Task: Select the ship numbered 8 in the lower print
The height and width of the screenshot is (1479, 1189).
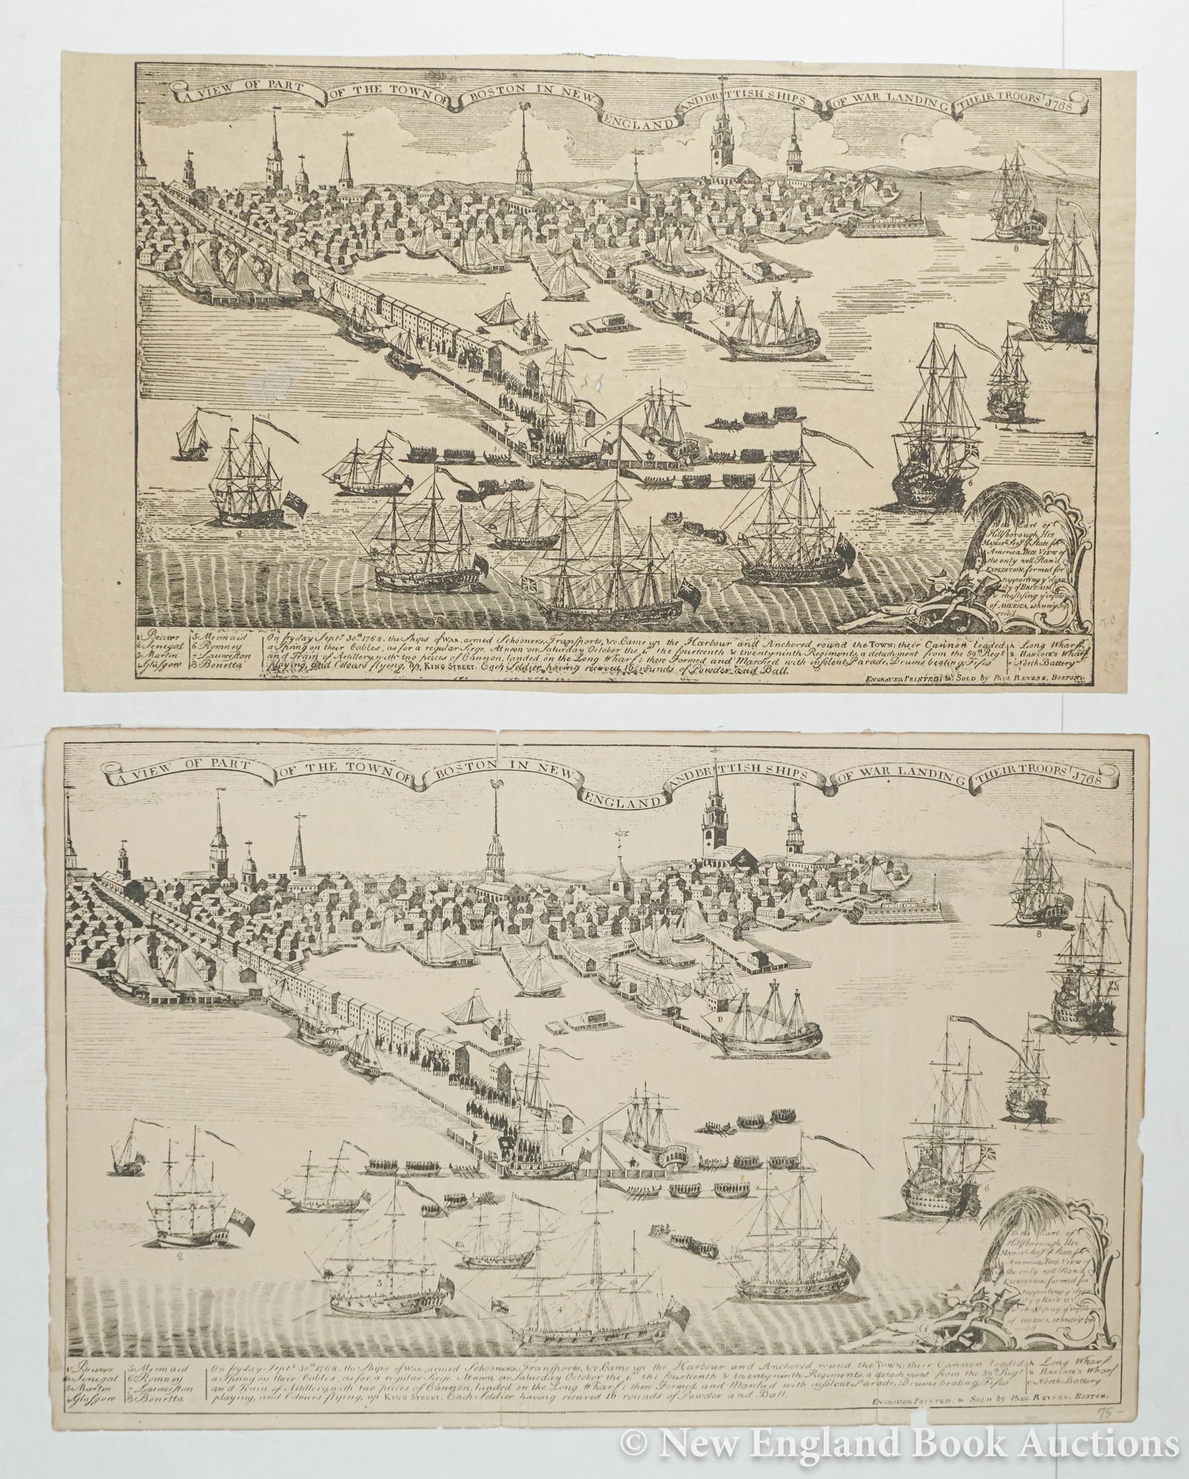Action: click(x=1035, y=877)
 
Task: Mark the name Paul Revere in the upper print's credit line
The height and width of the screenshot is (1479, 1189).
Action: click(x=1020, y=678)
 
